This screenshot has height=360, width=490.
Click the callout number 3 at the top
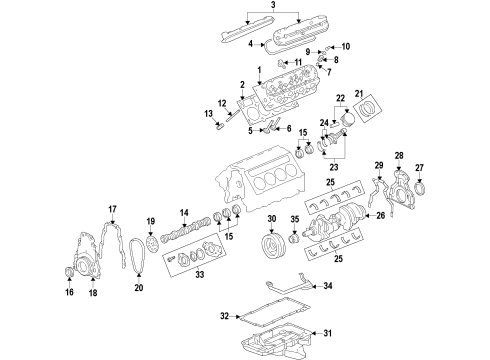click(x=272, y=7)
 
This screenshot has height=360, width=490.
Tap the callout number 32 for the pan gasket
click(x=223, y=317)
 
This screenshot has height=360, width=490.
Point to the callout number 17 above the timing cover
click(x=112, y=208)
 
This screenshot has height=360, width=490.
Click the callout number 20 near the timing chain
click(x=138, y=288)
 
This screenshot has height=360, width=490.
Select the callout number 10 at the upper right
click(x=346, y=47)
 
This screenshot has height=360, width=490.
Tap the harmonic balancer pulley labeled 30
click(x=269, y=247)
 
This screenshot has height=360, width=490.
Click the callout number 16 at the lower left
click(x=69, y=292)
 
